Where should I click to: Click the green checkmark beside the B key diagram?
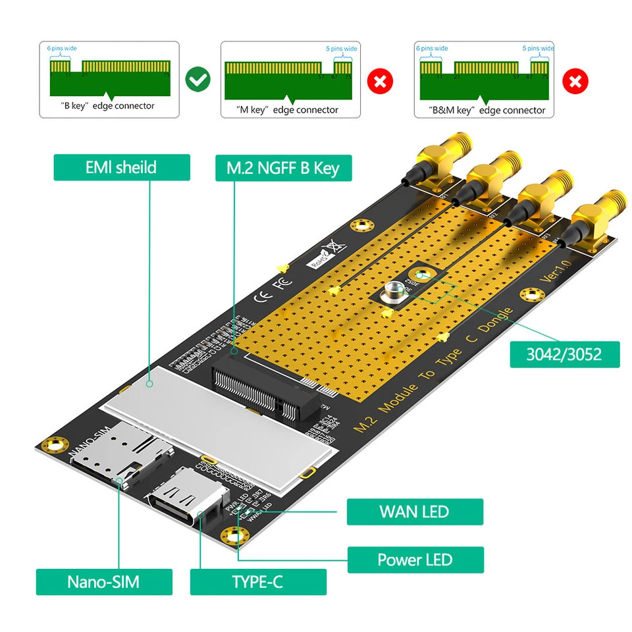[197, 80]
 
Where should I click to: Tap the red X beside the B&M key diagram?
[574, 82]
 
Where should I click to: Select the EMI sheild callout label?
[121, 167]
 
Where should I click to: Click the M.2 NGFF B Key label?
[283, 168]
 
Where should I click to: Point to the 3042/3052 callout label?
[564, 354]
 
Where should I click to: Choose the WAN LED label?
[415, 512]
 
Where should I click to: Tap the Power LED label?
[415, 560]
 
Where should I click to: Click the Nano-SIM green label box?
[103, 582]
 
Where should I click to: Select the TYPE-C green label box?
[257, 582]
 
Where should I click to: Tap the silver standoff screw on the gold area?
[394, 293]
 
